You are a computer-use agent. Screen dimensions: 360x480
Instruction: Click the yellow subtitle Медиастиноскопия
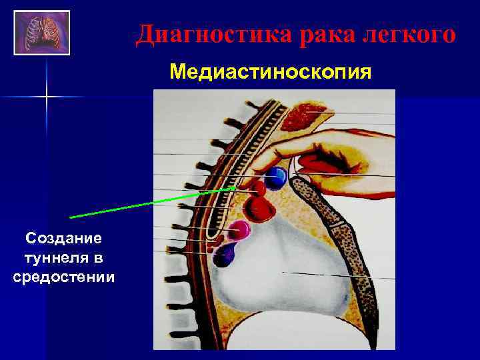coord(271,70)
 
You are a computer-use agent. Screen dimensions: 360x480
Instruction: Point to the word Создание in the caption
coord(63,238)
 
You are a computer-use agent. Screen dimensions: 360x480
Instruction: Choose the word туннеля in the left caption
coord(63,257)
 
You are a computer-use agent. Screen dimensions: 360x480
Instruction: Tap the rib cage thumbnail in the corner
coord(41,31)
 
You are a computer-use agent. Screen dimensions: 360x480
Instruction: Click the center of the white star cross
coord(47,97)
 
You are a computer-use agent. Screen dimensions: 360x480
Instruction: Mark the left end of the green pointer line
coord(71,217)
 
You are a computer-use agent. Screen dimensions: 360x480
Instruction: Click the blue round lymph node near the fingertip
coord(277,177)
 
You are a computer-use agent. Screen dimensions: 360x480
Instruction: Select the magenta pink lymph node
coord(238,231)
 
